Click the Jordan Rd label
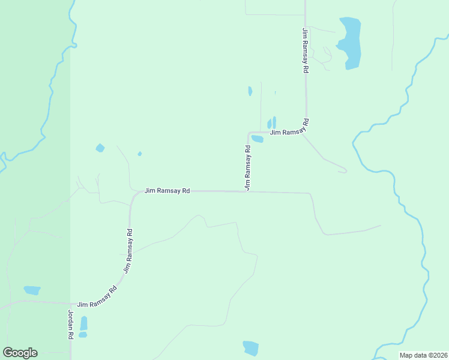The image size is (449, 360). click(x=70, y=325)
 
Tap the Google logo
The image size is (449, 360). click(x=20, y=353)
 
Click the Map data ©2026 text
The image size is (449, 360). click(x=424, y=355)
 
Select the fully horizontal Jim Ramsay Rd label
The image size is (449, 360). click(x=167, y=191)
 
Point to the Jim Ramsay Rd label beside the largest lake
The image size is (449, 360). click(x=306, y=50)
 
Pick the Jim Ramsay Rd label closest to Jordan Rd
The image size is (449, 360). click(x=97, y=298)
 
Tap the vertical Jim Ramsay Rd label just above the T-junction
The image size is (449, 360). click(x=247, y=168)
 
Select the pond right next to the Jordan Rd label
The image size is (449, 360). click(x=83, y=323)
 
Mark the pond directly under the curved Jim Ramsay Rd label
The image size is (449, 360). click(x=258, y=139)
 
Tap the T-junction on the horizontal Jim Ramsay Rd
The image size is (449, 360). click(x=247, y=192)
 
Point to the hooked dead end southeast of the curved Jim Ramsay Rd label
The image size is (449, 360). click(x=345, y=171)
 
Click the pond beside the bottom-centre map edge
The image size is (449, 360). click(x=251, y=348)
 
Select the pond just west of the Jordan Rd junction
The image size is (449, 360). click(x=32, y=290)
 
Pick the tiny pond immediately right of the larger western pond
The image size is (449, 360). click(x=139, y=154)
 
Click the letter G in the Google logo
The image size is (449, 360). click(x=8, y=353)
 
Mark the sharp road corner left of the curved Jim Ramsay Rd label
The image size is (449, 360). click(x=249, y=133)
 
